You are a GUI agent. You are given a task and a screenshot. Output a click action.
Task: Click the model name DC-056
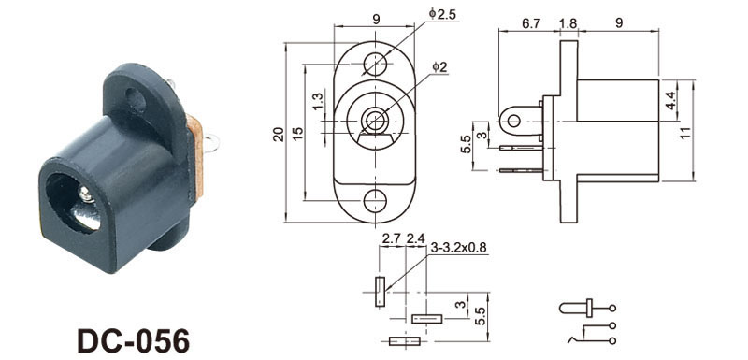coord(133,340)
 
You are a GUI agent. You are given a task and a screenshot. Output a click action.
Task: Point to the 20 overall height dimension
coord(279,135)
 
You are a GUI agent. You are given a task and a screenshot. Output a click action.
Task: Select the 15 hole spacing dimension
coord(297,134)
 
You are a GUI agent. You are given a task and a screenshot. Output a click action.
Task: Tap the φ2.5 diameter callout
coord(442,14)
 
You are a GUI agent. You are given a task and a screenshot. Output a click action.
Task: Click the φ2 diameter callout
coord(439,67)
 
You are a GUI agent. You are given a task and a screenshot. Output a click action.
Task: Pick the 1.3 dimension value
coord(318,102)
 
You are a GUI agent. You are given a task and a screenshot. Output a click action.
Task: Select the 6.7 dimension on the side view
coord(530,23)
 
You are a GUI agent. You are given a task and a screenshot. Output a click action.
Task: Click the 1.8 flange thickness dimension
coord(568,23)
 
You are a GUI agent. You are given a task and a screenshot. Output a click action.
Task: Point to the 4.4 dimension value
coord(670,101)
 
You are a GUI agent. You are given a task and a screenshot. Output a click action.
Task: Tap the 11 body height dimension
coord(686,132)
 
